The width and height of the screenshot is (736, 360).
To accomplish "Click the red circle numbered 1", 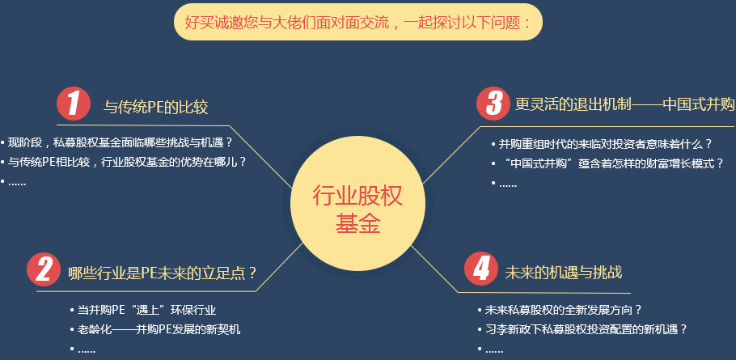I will point(74,104).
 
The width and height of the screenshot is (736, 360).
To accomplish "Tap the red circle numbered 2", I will point(44,270).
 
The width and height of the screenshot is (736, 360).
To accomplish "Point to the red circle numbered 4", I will point(481,269).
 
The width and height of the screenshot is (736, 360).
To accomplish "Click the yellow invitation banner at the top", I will point(357,22).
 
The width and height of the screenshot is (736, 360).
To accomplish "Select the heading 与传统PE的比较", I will point(156,106).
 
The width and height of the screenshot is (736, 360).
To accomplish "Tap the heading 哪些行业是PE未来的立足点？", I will point(163,273).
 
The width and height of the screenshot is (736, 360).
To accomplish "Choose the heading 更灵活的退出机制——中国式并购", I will point(624,104).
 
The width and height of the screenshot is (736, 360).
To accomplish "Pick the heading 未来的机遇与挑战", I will point(563,272).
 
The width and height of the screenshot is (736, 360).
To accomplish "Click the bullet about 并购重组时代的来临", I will point(605,144).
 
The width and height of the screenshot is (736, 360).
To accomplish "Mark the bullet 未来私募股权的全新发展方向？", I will point(563,310).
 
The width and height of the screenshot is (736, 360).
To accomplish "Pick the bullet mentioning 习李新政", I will point(586,329).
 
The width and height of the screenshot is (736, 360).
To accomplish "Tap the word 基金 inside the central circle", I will point(357,224).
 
